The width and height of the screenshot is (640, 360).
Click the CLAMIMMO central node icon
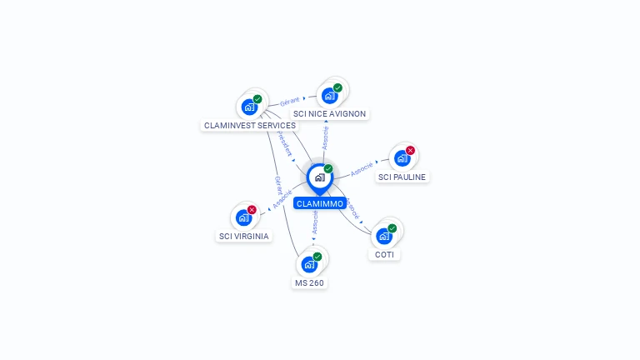(x=319, y=177)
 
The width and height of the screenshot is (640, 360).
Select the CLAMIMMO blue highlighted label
(x=319, y=203)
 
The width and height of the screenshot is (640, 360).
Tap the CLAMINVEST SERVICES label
(x=250, y=126)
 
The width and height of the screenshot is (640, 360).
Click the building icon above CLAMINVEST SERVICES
(x=249, y=107)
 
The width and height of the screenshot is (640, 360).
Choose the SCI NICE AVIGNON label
(x=330, y=114)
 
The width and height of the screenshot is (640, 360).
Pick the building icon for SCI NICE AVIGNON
(x=329, y=95)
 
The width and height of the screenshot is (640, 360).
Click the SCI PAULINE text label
(x=402, y=177)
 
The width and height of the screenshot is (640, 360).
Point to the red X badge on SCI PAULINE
(x=410, y=151)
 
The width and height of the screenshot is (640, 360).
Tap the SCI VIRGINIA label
(x=244, y=236)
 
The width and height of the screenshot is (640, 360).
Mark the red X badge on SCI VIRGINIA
(x=252, y=210)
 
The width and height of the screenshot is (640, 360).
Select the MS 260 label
(x=309, y=283)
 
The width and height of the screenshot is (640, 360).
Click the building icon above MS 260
(x=309, y=264)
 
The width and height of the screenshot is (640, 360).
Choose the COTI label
(x=384, y=254)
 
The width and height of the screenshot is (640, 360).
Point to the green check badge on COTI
(x=392, y=228)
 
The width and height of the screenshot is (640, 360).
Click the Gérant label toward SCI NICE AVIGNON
(x=289, y=101)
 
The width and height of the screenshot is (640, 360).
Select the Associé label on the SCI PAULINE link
(x=362, y=169)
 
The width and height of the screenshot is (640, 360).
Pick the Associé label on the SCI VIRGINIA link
(x=282, y=200)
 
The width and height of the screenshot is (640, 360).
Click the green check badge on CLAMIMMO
(x=328, y=169)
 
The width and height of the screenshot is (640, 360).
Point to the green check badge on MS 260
(x=317, y=257)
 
